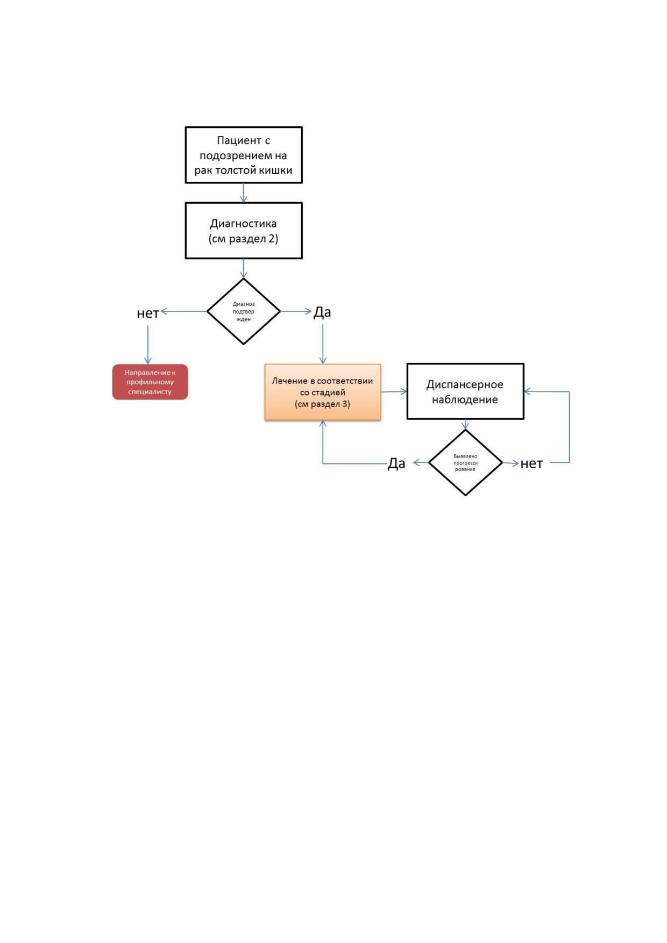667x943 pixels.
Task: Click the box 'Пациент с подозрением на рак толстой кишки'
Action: tap(244, 155)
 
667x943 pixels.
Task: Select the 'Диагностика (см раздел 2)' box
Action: tap(244, 231)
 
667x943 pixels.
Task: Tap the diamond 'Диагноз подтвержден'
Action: tap(244, 311)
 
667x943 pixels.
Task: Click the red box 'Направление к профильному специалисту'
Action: tap(150, 382)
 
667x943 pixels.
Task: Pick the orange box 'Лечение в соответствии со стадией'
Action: tap(323, 392)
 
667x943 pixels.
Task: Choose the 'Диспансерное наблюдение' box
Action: tap(465, 391)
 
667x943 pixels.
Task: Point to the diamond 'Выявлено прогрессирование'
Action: tap(465, 462)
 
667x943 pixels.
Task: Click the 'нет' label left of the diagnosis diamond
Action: tap(148, 313)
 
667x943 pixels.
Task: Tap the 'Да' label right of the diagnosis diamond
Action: tap(322, 312)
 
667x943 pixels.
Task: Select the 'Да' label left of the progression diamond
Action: tap(396, 463)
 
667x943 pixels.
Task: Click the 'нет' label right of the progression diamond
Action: tap(531, 463)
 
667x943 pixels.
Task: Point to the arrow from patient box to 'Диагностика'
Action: tap(244, 193)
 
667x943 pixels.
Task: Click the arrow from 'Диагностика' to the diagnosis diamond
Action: tap(244, 268)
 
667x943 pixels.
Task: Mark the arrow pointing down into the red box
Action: tap(148, 345)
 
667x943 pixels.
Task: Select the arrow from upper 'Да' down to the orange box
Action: tap(323, 344)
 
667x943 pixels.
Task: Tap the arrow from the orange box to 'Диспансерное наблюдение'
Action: tap(394, 391)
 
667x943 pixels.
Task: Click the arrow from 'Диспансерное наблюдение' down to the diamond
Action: tap(465, 425)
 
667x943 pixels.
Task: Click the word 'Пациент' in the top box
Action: tap(239, 140)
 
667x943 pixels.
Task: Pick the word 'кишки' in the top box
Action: tap(275, 170)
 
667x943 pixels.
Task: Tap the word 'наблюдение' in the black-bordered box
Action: tap(465, 399)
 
